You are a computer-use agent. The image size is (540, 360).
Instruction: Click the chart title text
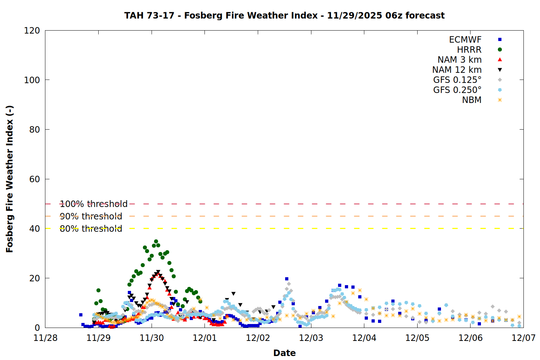coord(284,15)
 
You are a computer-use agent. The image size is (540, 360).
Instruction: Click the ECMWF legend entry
coord(465,40)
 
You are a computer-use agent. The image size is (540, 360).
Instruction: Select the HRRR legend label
coord(469,50)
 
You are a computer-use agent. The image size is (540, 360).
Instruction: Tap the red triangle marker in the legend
coord(500,60)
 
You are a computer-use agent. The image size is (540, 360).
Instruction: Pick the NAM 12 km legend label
coord(457,70)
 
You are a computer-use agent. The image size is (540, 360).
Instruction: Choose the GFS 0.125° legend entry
coord(457,80)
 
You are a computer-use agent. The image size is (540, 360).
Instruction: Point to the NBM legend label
coord(472,100)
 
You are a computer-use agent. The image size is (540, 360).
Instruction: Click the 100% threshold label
coord(94,204)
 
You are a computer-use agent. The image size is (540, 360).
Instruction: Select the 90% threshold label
coord(91,216)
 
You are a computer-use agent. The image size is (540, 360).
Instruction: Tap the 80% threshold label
coord(91,229)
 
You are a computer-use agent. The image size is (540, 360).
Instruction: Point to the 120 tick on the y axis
coord(32,31)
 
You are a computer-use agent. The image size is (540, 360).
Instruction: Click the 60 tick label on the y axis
coord(35,179)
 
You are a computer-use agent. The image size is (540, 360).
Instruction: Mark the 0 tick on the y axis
coord(37,328)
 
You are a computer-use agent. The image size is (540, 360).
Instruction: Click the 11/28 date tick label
coord(45,338)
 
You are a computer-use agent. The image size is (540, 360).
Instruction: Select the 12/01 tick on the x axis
coord(205,338)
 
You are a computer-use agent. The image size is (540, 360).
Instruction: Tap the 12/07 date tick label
coord(523,338)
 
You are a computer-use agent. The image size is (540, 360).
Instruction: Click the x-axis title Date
coord(284,353)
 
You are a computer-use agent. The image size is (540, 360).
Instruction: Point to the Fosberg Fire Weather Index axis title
coord(10,179)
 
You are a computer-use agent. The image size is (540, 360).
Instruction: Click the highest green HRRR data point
coord(156,242)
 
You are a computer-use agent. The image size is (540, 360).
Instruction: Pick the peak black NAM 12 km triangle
coord(158,272)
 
